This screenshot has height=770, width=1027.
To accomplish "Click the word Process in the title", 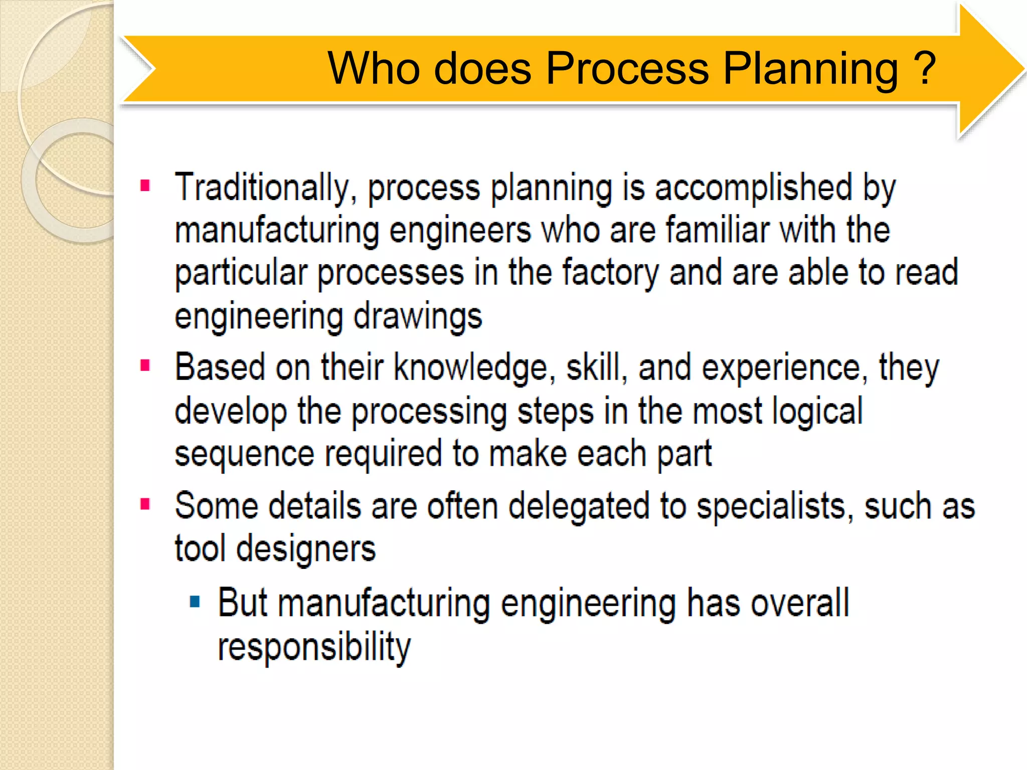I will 627,69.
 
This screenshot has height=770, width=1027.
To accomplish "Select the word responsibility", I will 314,647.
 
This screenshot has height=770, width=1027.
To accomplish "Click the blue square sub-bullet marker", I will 195,601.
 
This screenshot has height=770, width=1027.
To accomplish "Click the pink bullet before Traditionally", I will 145,186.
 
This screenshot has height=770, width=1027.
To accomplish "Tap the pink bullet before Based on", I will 145,365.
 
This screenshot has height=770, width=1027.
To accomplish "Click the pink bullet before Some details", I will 145,503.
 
